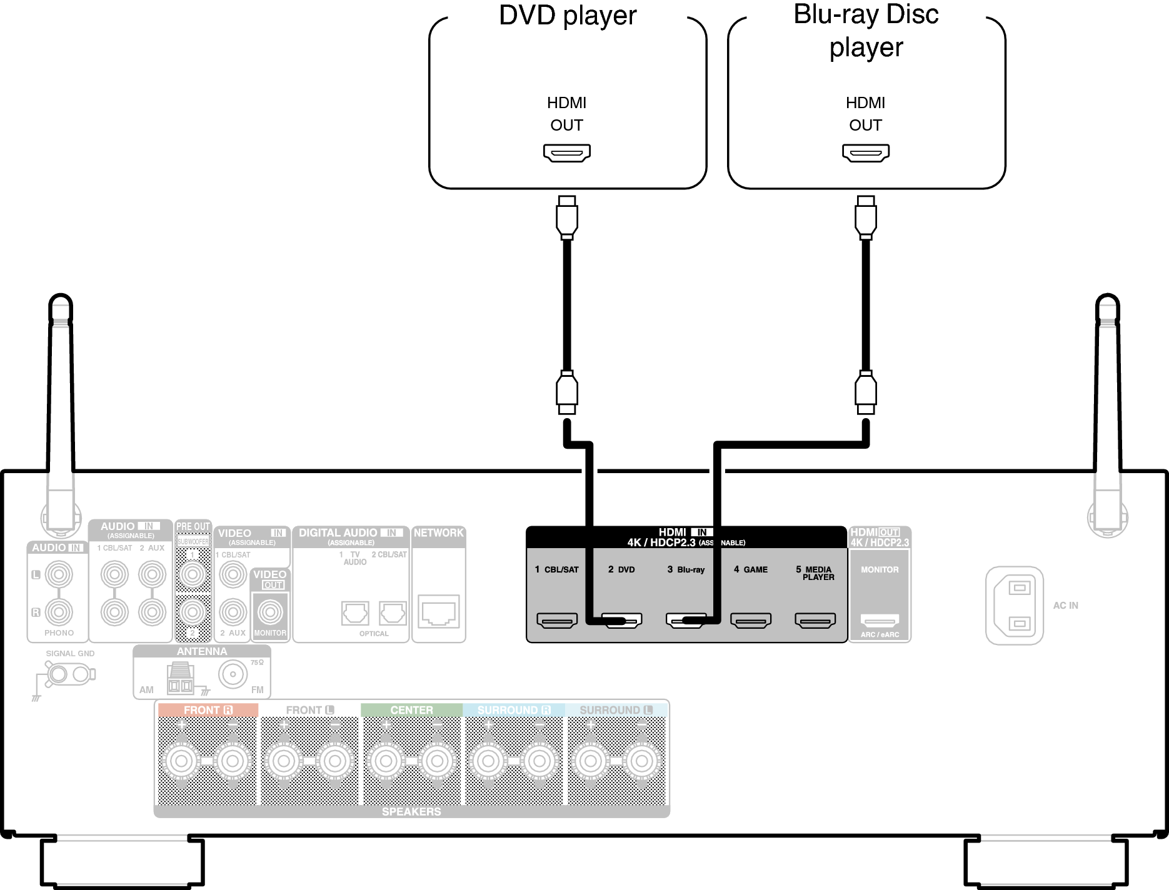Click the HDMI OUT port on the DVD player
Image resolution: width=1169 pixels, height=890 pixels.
click(x=566, y=152)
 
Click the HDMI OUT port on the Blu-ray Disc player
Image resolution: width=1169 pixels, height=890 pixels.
click(x=865, y=152)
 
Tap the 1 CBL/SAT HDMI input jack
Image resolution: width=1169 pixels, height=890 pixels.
click(x=556, y=620)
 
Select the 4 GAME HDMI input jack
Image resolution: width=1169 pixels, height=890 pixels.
click(x=751, y=620)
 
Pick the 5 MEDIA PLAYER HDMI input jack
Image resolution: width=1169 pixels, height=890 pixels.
click(x=815, y=620)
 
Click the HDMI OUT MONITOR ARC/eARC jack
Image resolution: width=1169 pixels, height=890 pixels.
click(x=880, y=620)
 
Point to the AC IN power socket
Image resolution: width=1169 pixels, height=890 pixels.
click(x=1014, y=605)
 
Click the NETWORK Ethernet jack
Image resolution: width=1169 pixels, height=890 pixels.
click(x=438, y=611)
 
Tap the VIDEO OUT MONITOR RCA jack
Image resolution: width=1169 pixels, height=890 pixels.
click(x=270, y=612)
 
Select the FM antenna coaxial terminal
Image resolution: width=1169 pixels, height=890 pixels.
click(x=233, y=674)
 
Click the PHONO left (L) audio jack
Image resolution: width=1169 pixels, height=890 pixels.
click(x=59, y=574)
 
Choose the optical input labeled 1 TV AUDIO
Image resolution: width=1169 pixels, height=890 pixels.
click(x=355, y=613)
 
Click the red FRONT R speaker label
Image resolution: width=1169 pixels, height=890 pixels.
click(x=208, y=710)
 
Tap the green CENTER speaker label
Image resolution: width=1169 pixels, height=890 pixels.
click(x=411, y=710)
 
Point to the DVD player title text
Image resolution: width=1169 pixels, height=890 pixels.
click(x=567, y=16)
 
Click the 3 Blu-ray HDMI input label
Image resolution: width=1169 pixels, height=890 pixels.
click(x=686, y=569)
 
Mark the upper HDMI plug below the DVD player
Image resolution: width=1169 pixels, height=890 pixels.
click(x=566, y=217)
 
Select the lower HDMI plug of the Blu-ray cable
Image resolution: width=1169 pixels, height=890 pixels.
click(x=865, y=392)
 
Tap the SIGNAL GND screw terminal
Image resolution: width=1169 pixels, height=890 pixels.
click(x=59, y=674)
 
